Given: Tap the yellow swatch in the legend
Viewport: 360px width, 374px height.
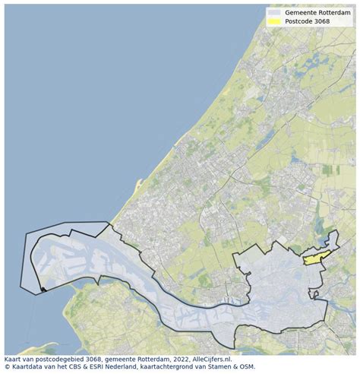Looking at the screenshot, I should click(274, 23).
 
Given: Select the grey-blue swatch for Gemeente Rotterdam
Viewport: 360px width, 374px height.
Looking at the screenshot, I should click(274, 13).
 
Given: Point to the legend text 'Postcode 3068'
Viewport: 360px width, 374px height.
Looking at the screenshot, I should click(308, 23).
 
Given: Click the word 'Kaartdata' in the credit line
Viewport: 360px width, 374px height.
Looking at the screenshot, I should click(27, 367).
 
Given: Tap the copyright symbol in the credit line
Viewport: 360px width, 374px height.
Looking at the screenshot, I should click(7, 367).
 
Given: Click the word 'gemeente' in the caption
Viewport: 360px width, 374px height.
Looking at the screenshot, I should click(135, 359).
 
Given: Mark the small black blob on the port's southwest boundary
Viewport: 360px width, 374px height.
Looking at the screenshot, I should click(44, 289).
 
